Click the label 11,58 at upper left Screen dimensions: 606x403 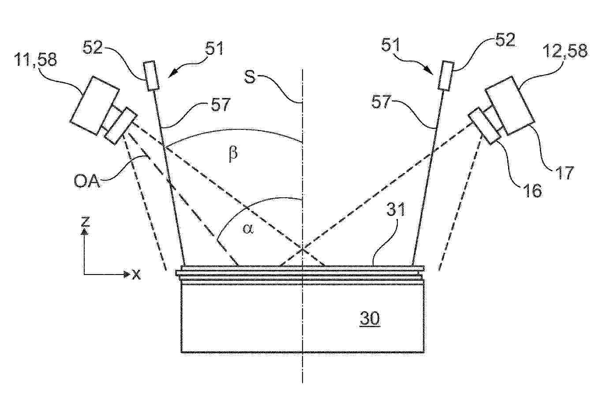(36, 60)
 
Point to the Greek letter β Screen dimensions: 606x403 (233, 154)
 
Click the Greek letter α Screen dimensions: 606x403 (248, 229)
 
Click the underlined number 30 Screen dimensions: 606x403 (370, 318)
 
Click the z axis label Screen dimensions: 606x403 (86, 222)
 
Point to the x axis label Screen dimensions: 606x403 (136, 275)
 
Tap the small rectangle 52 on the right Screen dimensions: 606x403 (446, 75)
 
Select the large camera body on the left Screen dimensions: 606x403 (95, 105)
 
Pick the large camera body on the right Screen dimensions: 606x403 (510, 105)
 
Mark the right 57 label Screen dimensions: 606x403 (382, 102)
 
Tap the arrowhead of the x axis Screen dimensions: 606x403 (127, 275)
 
